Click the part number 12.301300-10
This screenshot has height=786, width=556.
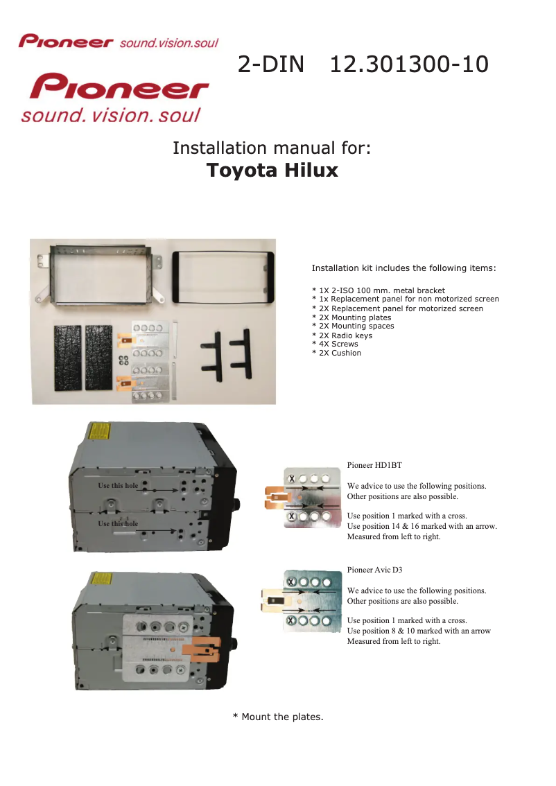click(409, 64)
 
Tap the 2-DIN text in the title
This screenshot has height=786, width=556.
click(271, 64)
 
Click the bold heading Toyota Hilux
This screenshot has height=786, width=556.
click(272, 171)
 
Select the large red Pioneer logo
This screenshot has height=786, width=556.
click(119, 86)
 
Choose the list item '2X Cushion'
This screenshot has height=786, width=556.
click(336, 353)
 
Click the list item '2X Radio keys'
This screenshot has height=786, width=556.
click(342, 335)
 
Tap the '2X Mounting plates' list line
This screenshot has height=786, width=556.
click(351, 317)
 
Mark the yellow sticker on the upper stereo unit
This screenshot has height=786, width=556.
click(99, 431)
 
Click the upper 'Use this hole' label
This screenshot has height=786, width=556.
click(118, 485)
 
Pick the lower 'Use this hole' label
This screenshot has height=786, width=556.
click(118, 523)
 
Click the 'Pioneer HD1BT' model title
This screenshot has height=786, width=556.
click(374, 465)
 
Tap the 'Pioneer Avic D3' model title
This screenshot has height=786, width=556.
click(374, 570)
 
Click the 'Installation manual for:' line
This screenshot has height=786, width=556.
click(272, 148)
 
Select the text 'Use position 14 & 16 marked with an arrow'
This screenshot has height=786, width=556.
click(422, 526)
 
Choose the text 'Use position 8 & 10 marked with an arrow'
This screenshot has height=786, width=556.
click(419, 631)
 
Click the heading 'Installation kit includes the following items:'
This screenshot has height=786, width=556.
click(403, 268)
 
